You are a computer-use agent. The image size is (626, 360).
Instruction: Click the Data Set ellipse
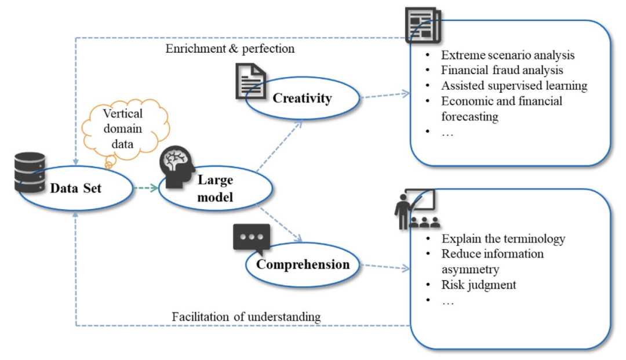click(75, 188)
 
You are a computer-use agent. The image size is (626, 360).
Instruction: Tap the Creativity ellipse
click(302, 98)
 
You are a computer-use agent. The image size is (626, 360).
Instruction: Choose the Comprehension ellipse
click(303, 264)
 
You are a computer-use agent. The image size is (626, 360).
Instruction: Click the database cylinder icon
click(30, 172)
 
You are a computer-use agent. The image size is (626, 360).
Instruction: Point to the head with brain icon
click(177, 169)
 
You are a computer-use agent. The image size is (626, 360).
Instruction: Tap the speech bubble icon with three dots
click(252, 238)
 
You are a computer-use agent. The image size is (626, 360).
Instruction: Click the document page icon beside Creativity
click(250, 81)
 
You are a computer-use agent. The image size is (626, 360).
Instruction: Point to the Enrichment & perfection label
click(230, 49)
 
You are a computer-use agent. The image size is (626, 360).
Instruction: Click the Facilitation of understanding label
click(246, 317)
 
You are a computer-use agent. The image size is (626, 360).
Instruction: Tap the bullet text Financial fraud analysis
click(502, 71)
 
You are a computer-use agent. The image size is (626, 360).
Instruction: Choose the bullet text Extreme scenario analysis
click(508, 56)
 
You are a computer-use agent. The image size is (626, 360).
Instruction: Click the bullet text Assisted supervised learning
click(514, 86)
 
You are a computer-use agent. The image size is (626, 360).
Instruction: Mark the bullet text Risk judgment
click(479, 285)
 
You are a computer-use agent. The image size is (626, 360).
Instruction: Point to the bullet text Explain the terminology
click(503, 239)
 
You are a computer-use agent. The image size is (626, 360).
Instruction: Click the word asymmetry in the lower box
click(470, 269)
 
